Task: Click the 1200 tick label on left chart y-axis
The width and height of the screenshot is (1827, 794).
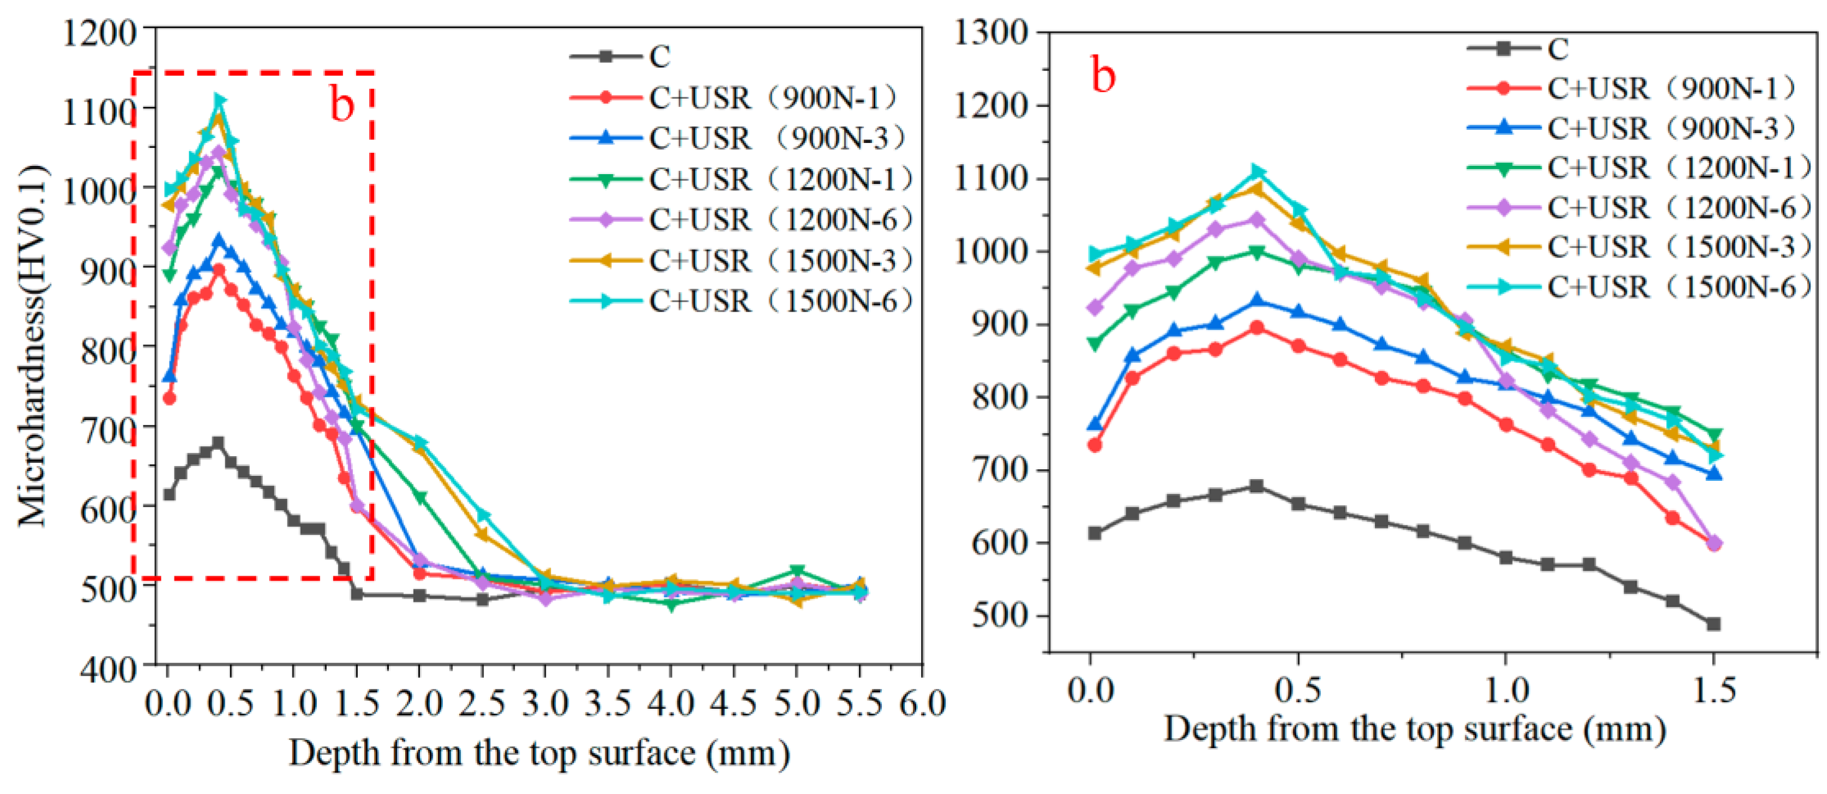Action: coord(99,33)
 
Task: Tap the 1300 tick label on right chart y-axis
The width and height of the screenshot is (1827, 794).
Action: coord(991,33)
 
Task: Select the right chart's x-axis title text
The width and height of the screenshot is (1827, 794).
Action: coord(1414,729)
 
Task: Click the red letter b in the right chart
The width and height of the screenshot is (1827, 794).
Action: coord(1103,75)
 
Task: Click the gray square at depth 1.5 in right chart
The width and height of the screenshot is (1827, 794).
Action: coord(1714,624)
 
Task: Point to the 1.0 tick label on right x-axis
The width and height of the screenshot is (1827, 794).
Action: coord(1505,690)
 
